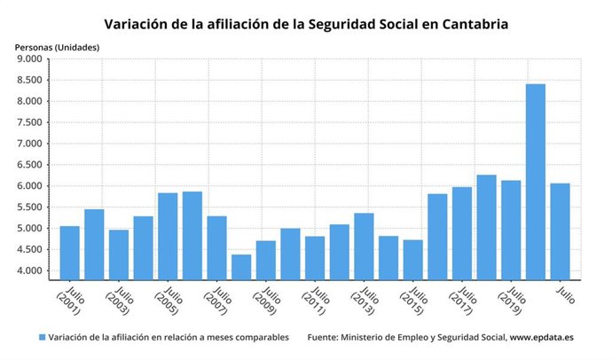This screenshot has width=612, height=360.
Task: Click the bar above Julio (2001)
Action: click(x=70, y=252)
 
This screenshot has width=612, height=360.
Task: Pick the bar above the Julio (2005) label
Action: click(x=168, y=235)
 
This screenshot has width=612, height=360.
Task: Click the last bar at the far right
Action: click(x=560, y=231)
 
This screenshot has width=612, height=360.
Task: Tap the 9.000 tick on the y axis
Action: click(x=28, y=59)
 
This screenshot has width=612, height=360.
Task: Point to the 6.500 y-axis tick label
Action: click(x=28, y=165)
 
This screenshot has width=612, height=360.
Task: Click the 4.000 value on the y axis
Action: click(x=28, y=271)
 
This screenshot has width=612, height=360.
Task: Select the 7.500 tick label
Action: click(x=28, y=122)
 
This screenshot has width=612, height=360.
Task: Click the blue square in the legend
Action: click(x=42, y=338)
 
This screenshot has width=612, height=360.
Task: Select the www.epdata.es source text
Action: click(x=542, y=338)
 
